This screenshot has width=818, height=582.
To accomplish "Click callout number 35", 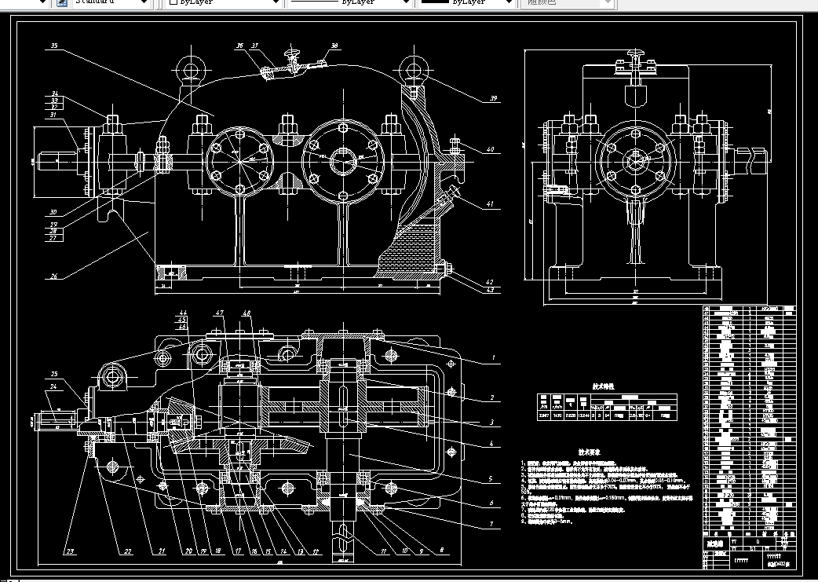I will (54, 46).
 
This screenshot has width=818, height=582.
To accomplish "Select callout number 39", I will (493, 98).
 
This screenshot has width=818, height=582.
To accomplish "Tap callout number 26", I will (54, 276).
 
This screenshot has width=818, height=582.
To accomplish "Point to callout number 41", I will (491, 204).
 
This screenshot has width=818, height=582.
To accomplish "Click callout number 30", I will (53, 212).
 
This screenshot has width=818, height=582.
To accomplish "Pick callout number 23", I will (69, 551).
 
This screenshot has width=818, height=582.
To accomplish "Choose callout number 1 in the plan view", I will (493, 358).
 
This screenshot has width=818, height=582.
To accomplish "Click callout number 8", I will (441, 551).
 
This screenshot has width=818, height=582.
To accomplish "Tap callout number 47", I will (222, 313).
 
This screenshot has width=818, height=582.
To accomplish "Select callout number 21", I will (161, 551).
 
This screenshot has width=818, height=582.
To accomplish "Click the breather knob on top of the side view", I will (634, 55).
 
